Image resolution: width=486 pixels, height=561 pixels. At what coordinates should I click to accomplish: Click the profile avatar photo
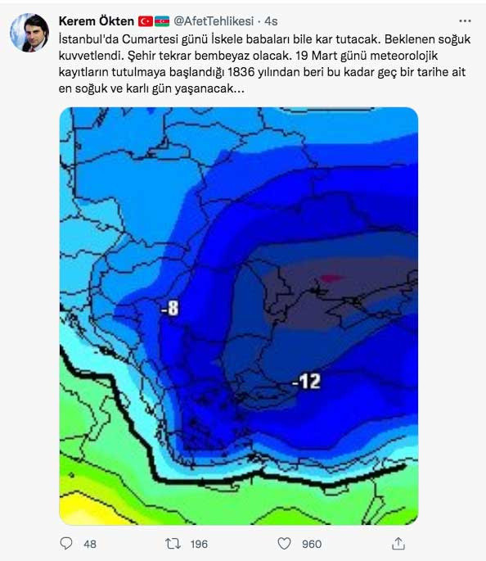[29, 33]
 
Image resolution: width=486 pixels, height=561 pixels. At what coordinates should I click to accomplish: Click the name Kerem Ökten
[97, 20]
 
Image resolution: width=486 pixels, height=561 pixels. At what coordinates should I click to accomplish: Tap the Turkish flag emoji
[146, 20]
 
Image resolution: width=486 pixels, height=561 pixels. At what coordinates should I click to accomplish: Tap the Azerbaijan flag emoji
[161, 20]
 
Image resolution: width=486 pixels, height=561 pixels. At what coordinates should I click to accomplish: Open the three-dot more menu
[466, 20]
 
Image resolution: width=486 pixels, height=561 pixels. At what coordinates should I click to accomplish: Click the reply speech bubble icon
[67, 543]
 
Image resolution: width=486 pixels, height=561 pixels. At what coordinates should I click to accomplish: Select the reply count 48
[90, 544]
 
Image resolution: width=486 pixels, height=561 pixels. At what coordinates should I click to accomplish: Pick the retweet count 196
[198, 544]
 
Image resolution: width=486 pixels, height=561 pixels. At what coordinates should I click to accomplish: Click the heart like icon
[284, 543]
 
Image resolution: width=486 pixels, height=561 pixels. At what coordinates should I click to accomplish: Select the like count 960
[311, 544]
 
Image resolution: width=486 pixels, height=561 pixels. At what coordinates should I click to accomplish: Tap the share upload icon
[398, 543]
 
